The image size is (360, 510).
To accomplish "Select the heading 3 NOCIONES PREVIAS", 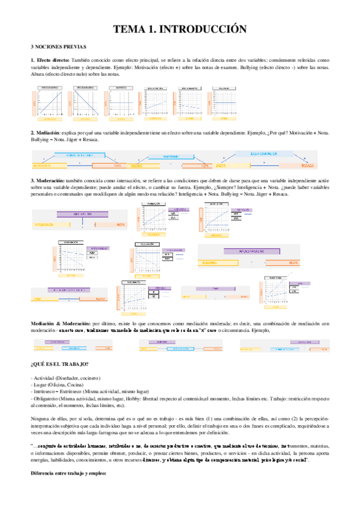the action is click(x=59, y=46).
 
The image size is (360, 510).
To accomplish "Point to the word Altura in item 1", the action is click(x=37, y=74).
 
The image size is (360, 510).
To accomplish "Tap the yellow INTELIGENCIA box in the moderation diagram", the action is click(x=49, y=224).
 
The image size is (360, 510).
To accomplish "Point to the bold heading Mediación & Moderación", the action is click(x=61, y=324).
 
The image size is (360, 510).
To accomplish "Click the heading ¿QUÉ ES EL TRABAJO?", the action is click(x=59, y=364).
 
